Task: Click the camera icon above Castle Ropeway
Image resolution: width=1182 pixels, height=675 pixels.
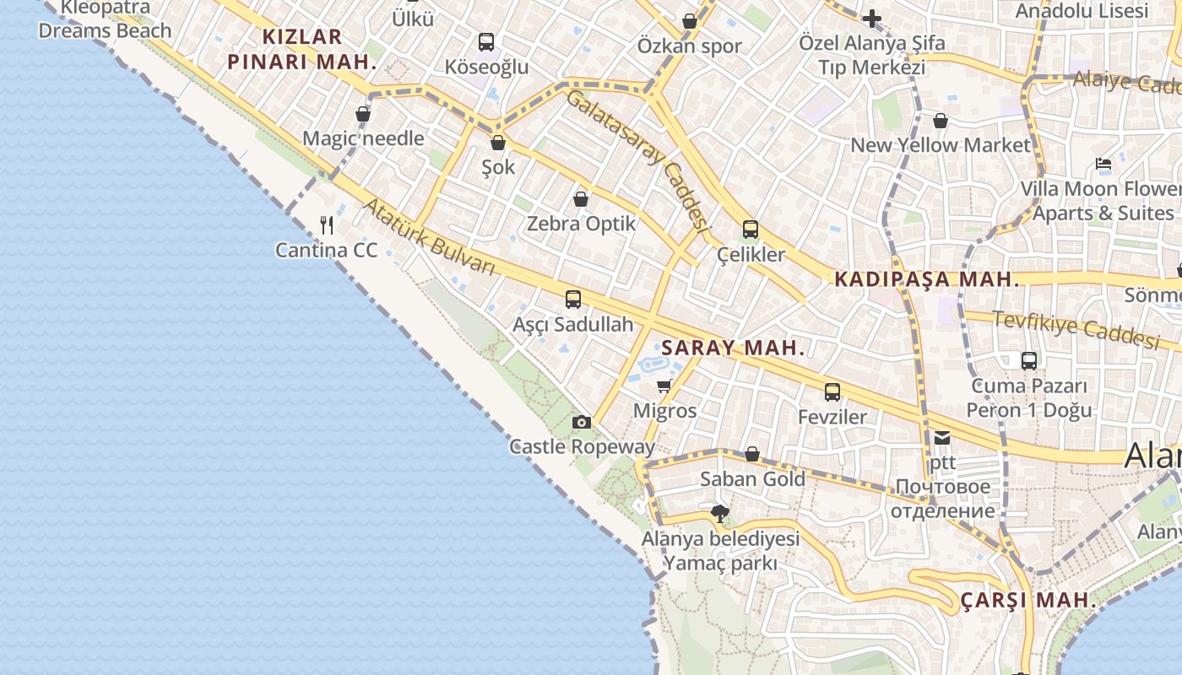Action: [581, 422]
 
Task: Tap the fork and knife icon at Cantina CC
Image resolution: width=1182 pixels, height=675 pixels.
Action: [328, 224]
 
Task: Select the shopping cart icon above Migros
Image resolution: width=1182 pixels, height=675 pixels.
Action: [664, 386]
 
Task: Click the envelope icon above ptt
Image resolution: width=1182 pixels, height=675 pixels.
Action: [942, 438]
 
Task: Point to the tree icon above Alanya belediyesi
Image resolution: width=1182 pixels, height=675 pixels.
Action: [720, 513]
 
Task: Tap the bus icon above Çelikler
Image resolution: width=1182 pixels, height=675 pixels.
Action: [750, 229]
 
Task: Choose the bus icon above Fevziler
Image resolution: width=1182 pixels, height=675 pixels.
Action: [832, 391]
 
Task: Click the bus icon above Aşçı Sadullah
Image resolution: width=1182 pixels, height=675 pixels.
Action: [573, 299]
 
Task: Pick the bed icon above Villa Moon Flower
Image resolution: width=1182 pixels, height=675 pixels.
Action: [1103, 164]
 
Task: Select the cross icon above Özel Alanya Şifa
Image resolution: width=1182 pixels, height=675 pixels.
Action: [871, 18]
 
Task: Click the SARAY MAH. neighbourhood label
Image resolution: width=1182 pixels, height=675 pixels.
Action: [733, 348]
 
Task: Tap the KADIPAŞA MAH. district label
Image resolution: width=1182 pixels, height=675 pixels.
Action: [927, 280]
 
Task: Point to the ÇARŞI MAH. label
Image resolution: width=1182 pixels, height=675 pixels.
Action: [1028, 601]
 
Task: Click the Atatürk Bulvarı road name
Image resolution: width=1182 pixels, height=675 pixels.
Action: [428, 237]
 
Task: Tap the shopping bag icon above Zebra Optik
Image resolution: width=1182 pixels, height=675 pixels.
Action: [581, 199]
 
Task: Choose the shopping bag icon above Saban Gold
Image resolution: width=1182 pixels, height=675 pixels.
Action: [752, 455]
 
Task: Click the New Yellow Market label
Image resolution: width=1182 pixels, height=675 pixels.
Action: [941, 145]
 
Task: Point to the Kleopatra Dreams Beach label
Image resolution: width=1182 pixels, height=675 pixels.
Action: [105, 19]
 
